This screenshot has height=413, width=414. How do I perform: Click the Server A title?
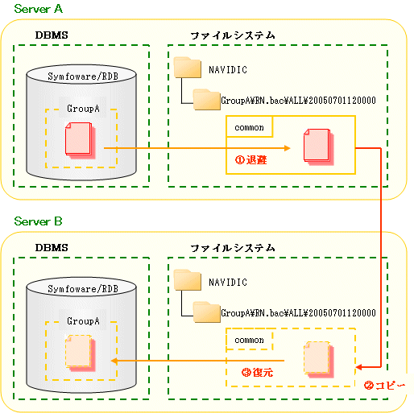(39, 9)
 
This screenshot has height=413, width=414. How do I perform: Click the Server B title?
(38, 221)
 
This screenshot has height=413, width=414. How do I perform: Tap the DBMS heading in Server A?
(52, 35)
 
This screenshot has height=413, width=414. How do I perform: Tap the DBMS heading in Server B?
(52, 247)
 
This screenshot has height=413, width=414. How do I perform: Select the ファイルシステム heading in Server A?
(233, 35)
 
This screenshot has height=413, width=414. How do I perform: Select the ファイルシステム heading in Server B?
(233, 248)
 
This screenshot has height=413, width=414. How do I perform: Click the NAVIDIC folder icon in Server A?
(188, 68)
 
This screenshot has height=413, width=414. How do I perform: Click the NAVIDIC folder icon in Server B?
(188, 280)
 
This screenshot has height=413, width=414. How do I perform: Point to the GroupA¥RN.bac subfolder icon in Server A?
(207, 100)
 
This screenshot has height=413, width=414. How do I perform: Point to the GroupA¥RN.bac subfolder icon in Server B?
(207, 312)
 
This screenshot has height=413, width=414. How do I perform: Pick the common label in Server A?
(249, 127)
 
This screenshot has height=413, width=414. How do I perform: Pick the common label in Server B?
(249, 340)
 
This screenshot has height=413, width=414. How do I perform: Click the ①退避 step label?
(251, 160)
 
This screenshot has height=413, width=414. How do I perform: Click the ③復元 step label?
(257, 372)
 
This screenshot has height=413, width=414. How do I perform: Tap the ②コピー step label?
(384, 386)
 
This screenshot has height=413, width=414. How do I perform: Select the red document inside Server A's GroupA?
(81, 140)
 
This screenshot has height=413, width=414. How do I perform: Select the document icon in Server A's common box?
(319, 147)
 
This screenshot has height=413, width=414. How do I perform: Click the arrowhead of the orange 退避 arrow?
(288, 148)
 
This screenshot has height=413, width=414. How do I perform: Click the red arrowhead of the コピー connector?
(358, 367)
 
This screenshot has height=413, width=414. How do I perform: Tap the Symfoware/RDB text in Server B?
(83, 289)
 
